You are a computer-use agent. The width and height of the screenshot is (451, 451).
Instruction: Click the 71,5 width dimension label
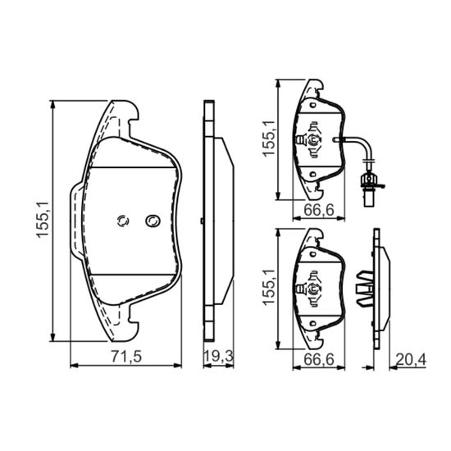click(x=126, y=357)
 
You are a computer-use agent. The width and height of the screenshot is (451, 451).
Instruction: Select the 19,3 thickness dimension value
click(x=218, y=357)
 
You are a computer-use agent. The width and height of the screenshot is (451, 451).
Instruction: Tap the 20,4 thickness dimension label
click(x=411, y=359)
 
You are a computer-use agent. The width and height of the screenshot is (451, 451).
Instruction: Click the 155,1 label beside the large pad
click(x=43, y=220)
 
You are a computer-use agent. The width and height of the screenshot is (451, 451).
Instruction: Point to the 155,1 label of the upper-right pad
click(x=269, y=139)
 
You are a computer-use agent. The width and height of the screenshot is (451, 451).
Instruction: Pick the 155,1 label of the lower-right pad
click(x=269, y=288)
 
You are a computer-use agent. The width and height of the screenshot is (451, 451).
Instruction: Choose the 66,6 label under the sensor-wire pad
click(x=319, y=210)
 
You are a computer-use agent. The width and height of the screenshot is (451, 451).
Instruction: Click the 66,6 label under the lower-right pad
click(x=319, y=359)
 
